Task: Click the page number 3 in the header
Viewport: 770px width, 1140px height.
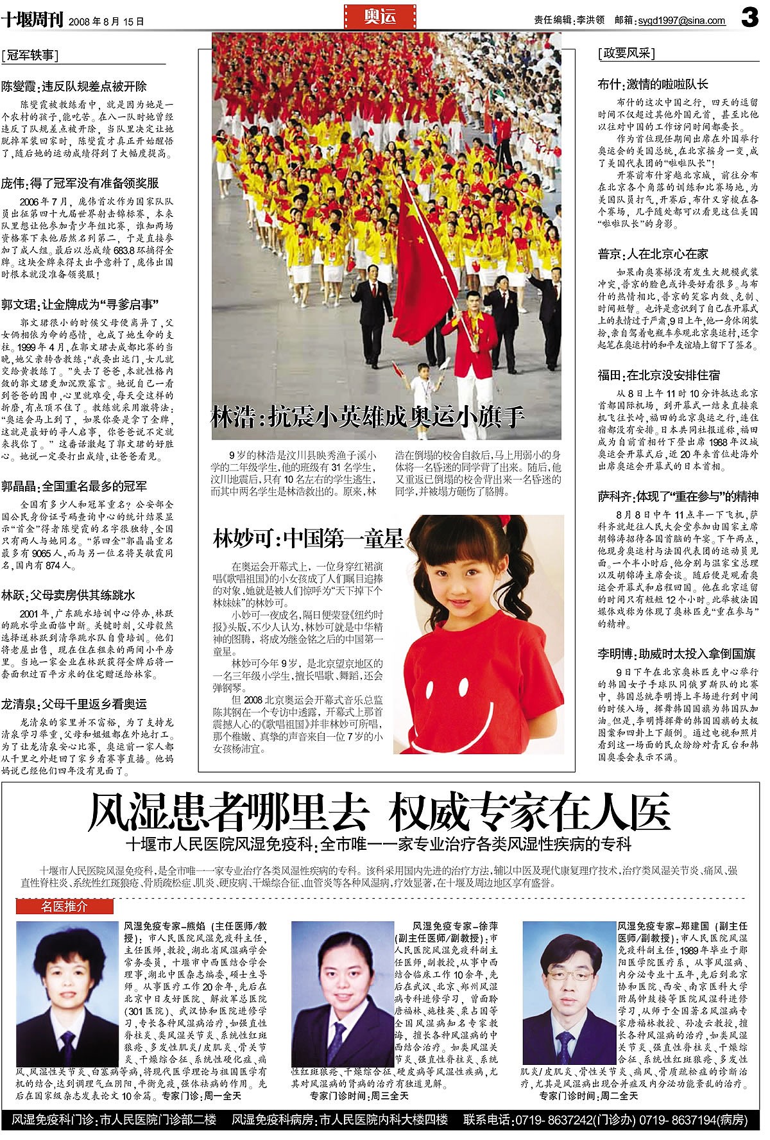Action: click(749, 19)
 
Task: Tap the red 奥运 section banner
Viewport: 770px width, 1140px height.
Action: click(381, 17)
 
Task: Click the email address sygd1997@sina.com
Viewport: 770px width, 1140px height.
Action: click(681, 21)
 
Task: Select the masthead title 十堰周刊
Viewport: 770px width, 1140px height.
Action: click(31, 20)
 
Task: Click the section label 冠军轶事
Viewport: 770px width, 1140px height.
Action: click(30, 55)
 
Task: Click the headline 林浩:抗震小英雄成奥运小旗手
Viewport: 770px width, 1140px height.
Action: click(368, 417)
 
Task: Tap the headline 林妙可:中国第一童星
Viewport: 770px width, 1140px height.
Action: click(308, 538)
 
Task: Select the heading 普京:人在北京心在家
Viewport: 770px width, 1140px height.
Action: click(653, 254)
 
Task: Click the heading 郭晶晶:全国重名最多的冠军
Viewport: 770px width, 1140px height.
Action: click(74, 486)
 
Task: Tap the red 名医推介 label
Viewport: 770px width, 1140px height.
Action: click(64, 907)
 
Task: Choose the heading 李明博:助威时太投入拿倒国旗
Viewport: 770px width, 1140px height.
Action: click(676, 654)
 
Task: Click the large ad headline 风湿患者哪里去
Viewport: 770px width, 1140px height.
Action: click(228, 813)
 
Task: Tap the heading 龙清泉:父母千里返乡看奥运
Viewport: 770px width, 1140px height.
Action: click(74, 704)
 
